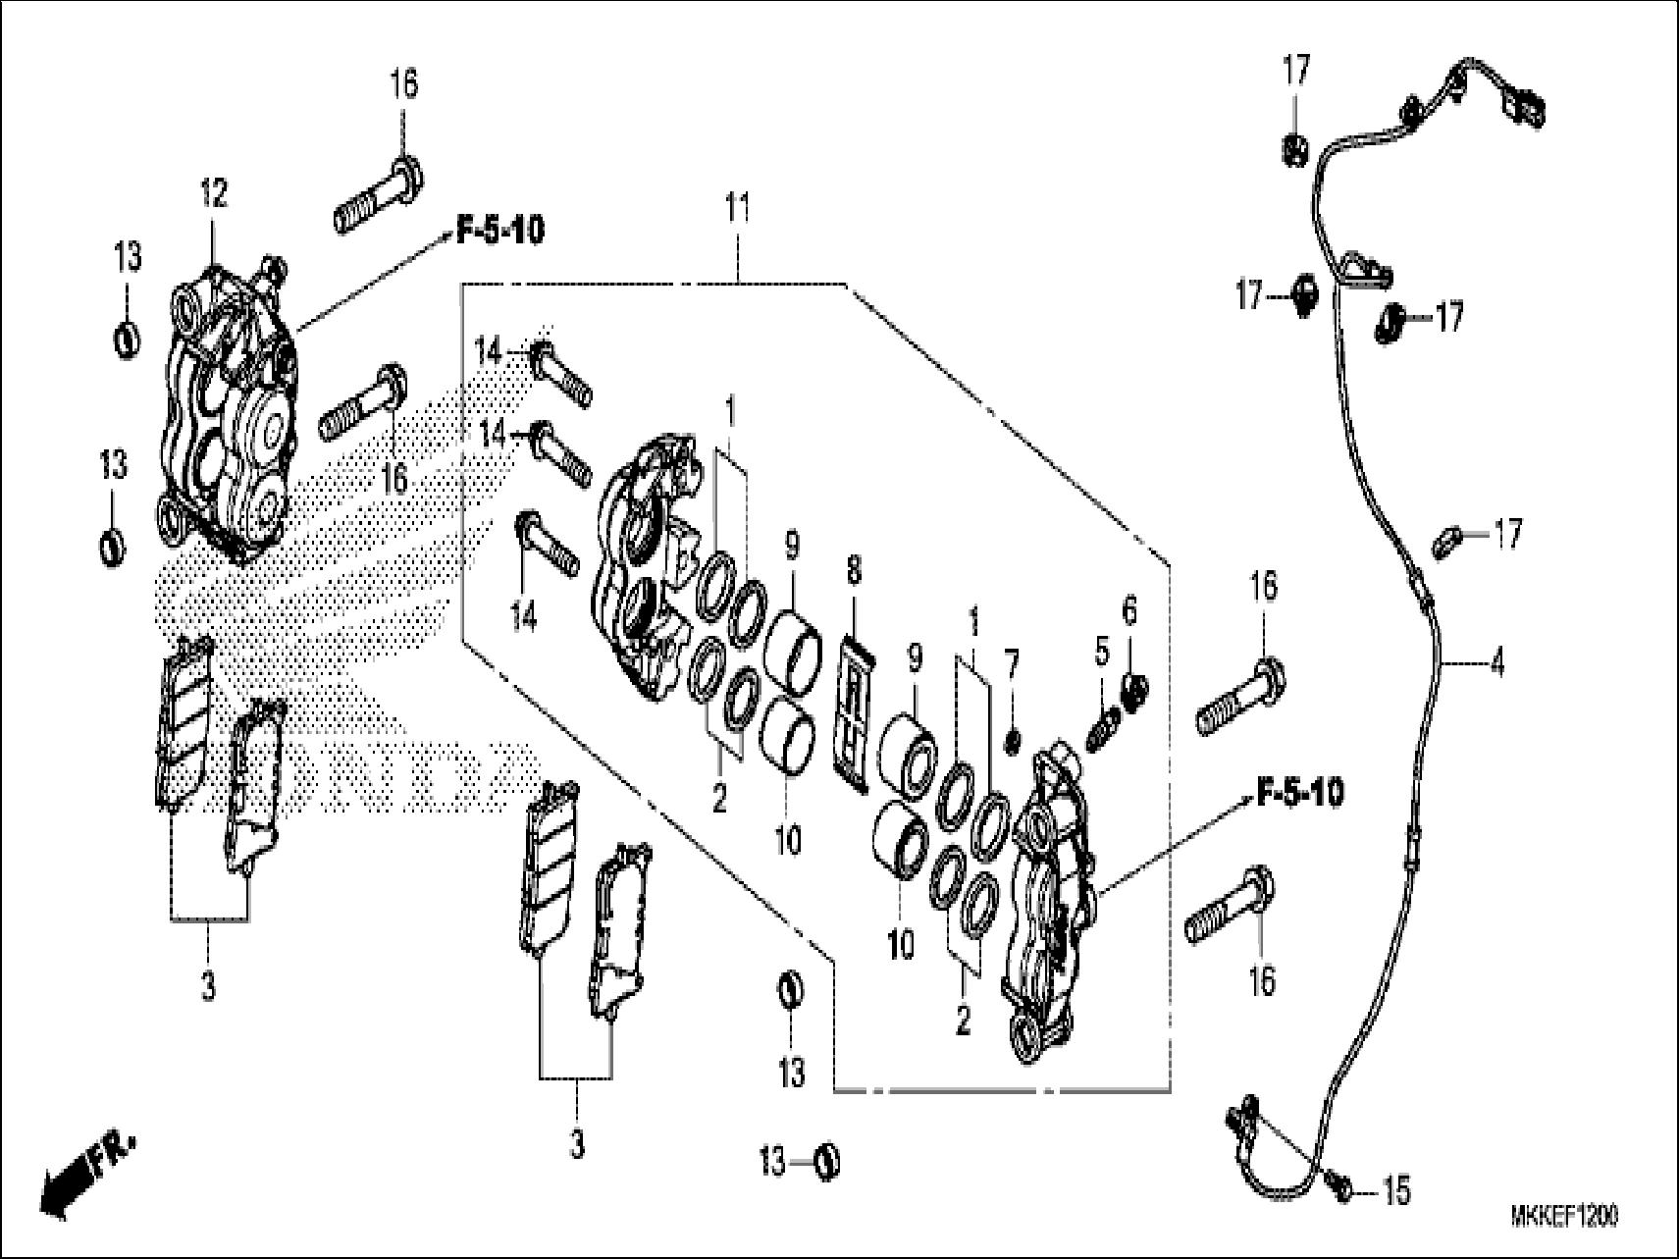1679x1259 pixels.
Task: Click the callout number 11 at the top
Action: tap(737, 209)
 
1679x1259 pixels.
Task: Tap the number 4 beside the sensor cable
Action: tap(1495, 663)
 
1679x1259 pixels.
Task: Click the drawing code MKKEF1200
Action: tap(1564, 1216)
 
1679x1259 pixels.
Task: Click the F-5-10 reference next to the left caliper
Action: tap(499, 232)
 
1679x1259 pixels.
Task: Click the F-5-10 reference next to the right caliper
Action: tap(1299, 793)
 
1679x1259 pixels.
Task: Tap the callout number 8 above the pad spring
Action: tap(854, 571)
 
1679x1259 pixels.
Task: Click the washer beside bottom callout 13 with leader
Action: tap(827, 1163)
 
